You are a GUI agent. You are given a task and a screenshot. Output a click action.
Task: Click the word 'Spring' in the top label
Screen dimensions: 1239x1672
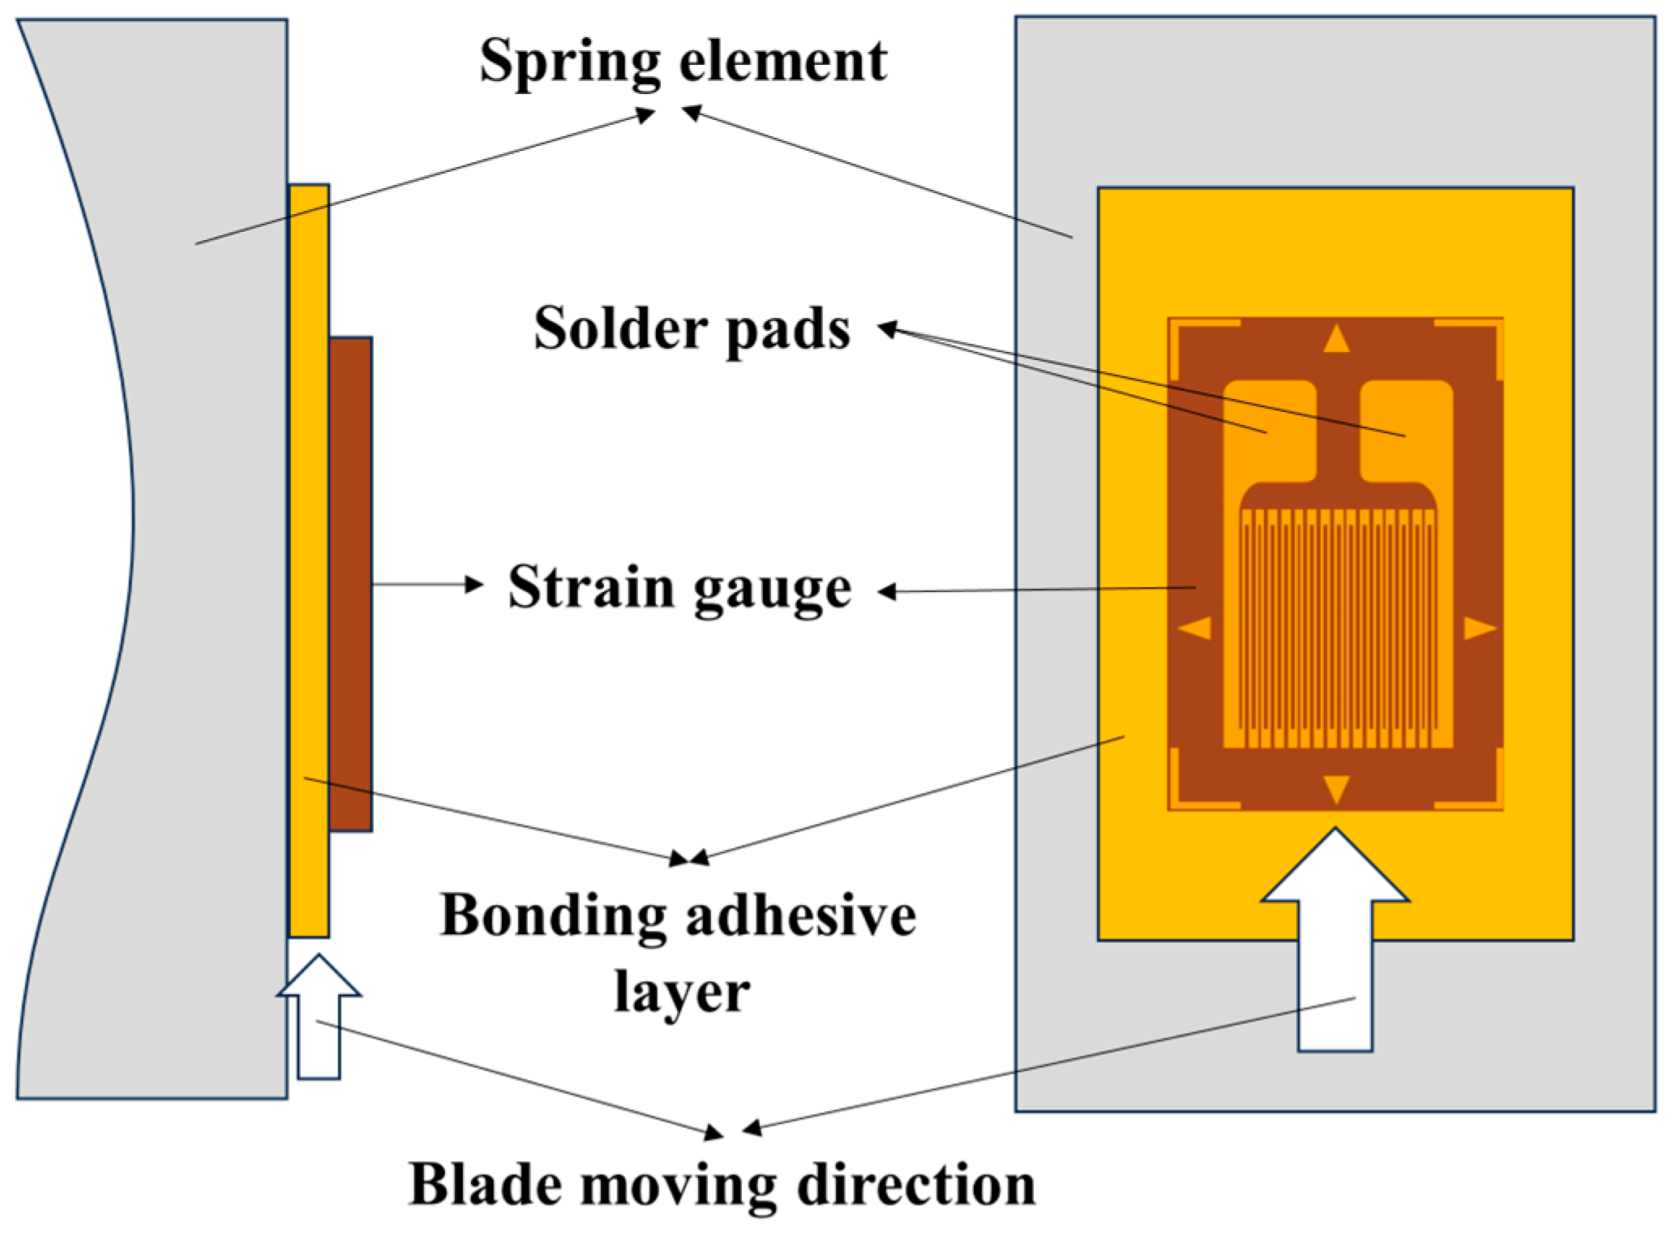pyautogui.click(x=568, y=62)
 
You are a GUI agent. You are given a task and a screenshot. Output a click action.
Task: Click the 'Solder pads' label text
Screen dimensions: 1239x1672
pyautogui.click(x=692, y=328)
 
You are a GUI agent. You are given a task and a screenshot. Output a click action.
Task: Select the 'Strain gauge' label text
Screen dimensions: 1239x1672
pyautogui.click(x=680, y=587)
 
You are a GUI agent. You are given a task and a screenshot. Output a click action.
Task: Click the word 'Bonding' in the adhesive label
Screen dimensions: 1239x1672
pyautogui.click(x=552, y=915)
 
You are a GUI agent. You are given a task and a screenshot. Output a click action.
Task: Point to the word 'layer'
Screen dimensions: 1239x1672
pyautogui.click(x=681, y=991)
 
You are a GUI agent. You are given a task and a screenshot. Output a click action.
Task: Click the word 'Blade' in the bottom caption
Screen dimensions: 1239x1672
pyautogui.click(x=486, y=1185)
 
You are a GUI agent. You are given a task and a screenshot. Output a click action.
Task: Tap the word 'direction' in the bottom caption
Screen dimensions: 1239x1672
pyautogui.click(x=915, y=1185)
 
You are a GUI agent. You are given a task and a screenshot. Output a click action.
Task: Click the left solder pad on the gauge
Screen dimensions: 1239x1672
pyautogui.click(x=1269, y=430)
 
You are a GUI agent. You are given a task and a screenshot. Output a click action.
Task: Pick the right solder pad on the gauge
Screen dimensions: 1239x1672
pyautogui.click(x=1406, y=430)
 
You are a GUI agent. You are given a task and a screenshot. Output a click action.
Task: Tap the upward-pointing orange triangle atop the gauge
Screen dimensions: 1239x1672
pyautogui.click(x=1336, y=340)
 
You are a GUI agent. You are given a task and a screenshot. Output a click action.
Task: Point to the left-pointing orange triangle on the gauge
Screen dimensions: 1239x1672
pyautogui.click(x=1197, y=628)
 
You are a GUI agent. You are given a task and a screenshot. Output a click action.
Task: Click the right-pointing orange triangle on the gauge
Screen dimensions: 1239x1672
pyautogui.click(x=1477, y=628)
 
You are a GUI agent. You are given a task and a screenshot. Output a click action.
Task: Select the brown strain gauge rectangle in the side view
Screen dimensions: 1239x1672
pyautogui.click(x=351, y=584)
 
